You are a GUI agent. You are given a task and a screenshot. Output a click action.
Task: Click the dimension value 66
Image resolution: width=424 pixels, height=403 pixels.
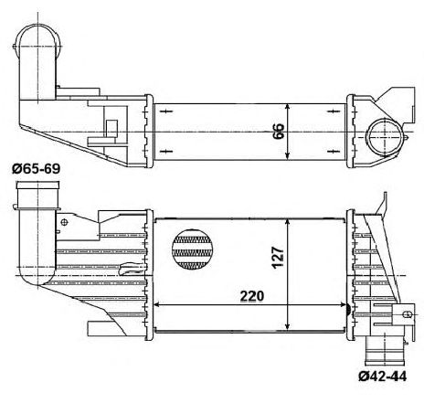tap(279, 132)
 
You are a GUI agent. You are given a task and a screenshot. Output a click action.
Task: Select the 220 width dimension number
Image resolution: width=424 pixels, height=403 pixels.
tap(252, 296)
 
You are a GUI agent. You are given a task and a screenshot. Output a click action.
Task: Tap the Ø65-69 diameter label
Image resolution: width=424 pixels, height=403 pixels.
tap(36, 169)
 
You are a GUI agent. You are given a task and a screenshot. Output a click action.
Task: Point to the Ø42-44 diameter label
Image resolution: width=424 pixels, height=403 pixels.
tap(382, 376)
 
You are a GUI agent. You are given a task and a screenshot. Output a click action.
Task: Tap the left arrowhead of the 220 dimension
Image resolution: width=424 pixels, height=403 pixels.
tap(156, 304)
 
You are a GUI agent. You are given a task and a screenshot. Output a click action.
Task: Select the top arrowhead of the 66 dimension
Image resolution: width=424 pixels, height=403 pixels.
tap(288, 107)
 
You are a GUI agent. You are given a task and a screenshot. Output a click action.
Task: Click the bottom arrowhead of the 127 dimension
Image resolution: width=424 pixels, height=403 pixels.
tap(288, 326)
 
